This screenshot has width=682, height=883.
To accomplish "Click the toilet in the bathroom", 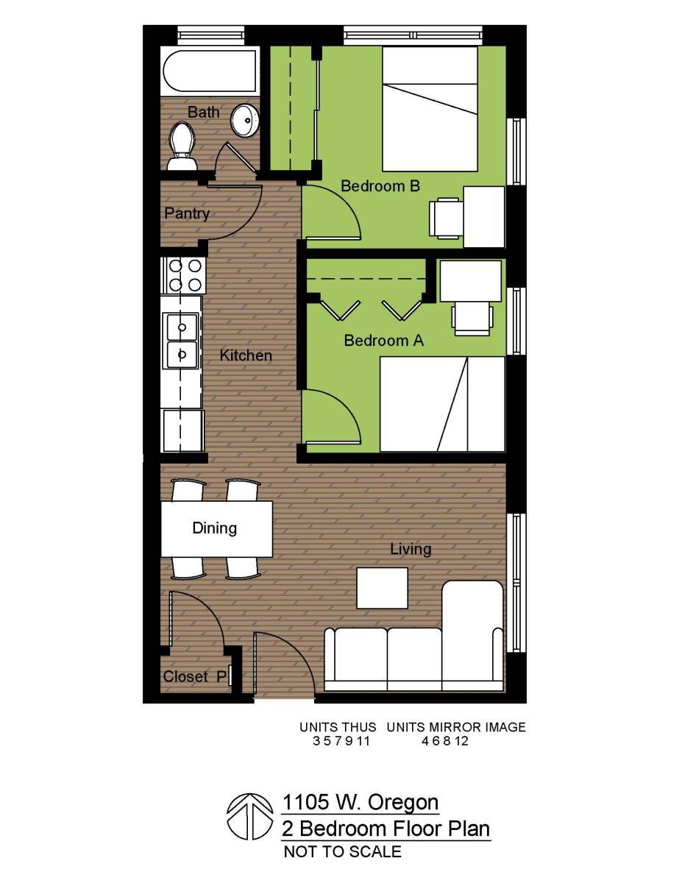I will click(180, 145).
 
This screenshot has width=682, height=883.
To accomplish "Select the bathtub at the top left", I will click(209, 72).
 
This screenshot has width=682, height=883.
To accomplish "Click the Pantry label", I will click(187, 214).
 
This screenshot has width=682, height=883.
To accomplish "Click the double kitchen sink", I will click(182, 339).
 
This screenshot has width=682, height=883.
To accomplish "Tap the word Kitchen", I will click(246, 355).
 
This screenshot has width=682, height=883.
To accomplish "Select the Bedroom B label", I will click(380, 186).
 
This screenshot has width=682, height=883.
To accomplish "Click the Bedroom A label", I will click(384, 341).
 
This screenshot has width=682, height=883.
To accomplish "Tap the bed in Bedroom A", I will click(442, 403).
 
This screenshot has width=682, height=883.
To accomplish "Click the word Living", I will click(411, 549).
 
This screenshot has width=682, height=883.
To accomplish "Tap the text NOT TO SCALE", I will click(342, 852).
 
